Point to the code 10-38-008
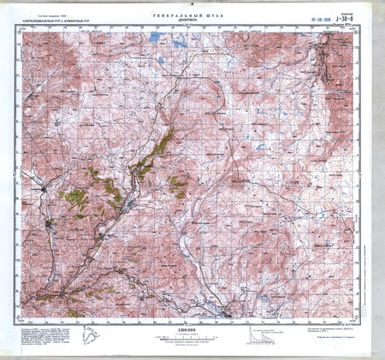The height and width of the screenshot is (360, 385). point(318,17)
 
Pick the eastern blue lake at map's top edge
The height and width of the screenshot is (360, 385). point(180,39)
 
